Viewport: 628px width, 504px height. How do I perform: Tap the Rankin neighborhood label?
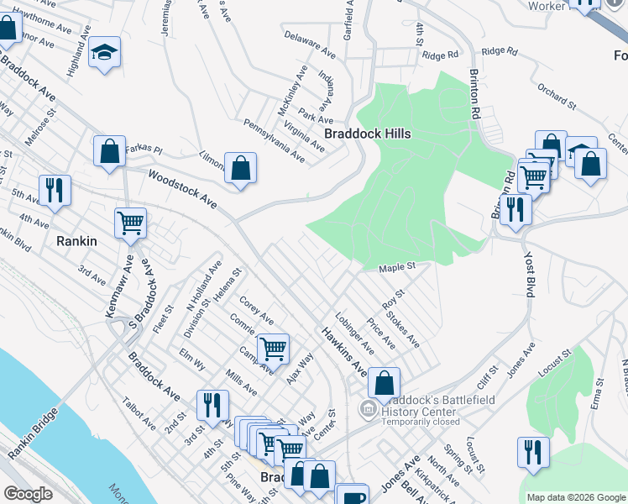[78, 241]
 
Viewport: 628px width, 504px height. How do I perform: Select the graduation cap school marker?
[104, 53]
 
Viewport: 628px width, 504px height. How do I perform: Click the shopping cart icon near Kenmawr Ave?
[130, 223]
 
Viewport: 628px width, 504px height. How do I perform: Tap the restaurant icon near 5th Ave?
[55, 189]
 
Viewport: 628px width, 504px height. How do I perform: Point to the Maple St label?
[397, 268]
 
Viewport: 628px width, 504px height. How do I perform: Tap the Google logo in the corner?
[28, 494]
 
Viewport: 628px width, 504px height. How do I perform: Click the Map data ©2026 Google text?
[576, 496]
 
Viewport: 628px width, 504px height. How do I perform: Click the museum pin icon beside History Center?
[367, 409]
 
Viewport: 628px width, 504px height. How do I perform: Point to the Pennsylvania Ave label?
[274, 140]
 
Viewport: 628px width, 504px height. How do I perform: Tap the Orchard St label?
[557, 96]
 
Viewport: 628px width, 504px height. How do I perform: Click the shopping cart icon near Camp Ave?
[273, 348]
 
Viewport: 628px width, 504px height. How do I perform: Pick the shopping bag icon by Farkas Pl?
[110, 153]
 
